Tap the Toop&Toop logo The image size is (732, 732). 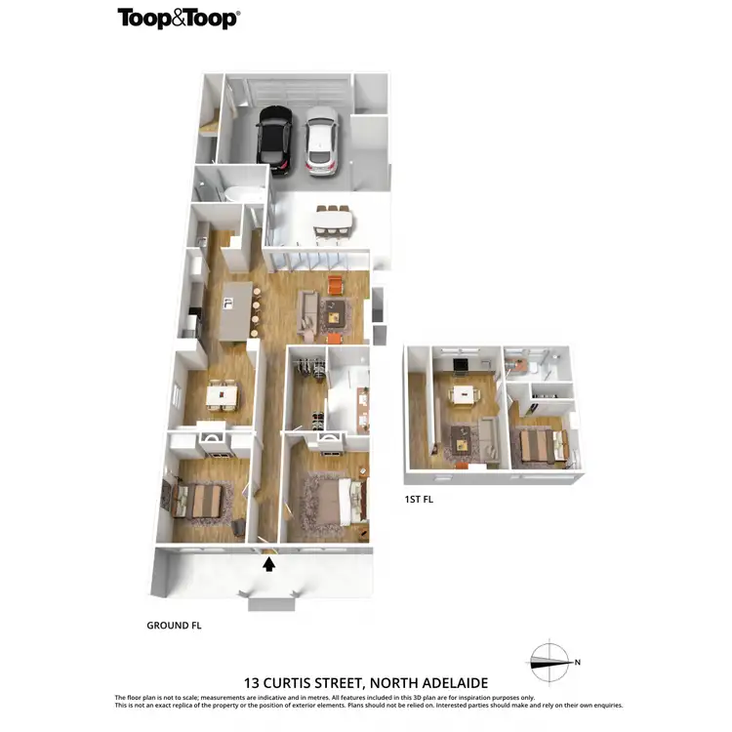point(178,18)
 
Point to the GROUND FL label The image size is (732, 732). point(174,625)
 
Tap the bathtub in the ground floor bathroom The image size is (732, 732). point(239,193)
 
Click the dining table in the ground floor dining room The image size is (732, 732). point(224,394)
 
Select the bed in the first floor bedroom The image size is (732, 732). point(537,445)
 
